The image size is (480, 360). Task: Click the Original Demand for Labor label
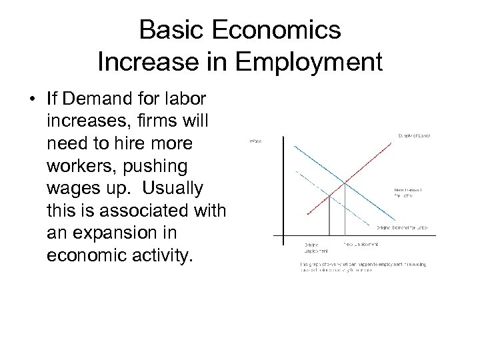(402, 228)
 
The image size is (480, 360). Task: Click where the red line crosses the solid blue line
(345, 181)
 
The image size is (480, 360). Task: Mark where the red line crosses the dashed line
(330, 195)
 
